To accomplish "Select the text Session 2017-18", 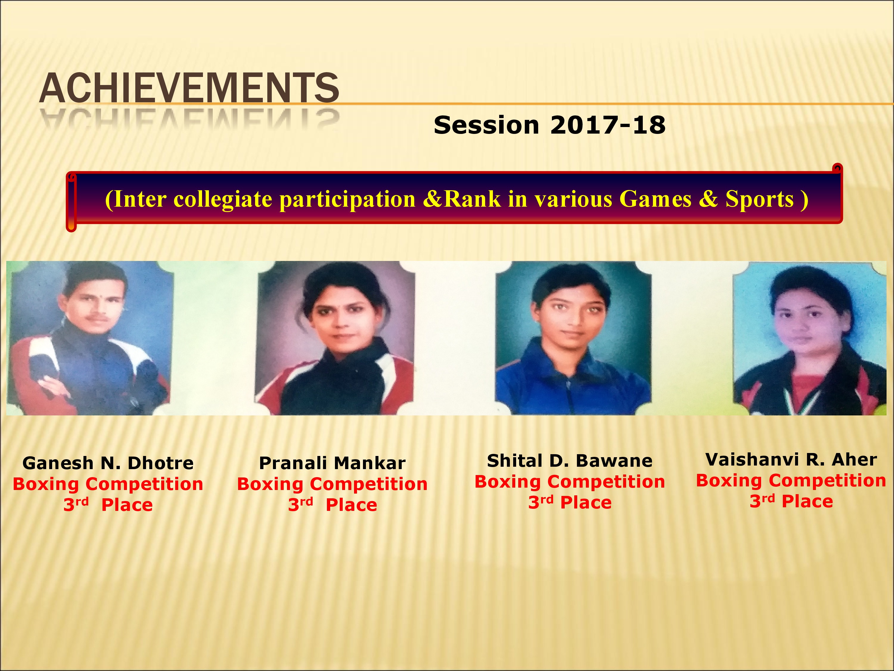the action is coord(549,125).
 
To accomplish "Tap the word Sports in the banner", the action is coord(759,199).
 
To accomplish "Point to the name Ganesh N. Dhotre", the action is coord(108,463).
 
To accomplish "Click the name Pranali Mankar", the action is coord(332,463).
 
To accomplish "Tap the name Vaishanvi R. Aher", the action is coord(791,460).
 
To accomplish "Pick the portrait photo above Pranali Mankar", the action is coord(335,338).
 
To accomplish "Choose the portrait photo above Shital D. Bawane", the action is coord(573,338).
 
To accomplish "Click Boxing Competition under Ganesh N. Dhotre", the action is coord(108,484).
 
